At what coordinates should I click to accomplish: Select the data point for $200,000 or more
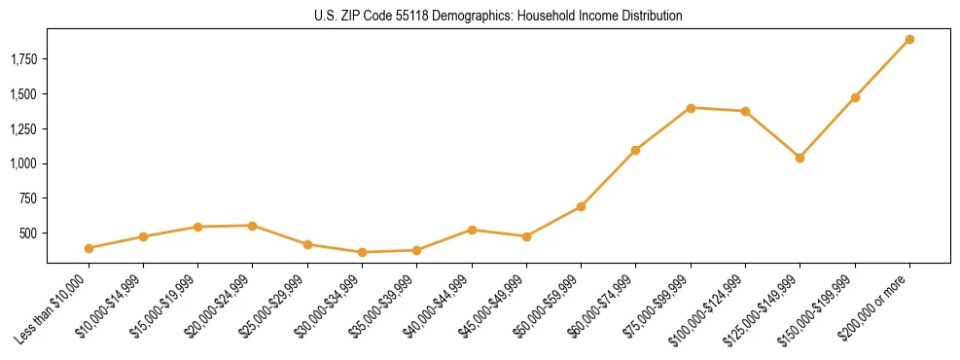(x=909, y=40)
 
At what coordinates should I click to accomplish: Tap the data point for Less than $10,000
(x=89, y=248)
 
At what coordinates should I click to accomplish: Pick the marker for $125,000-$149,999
(x=800, y=158)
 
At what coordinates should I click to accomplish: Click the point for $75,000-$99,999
(x=691, y=108)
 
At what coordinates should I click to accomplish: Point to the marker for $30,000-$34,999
(x=362, y=253)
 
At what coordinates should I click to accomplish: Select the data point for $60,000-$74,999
(x=635, y=150)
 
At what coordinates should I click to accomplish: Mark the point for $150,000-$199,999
(x=855, y=97)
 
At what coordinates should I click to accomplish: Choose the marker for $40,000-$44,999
(x=472, y=230)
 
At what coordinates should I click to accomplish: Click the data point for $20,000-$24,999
(x=253, y=226)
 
